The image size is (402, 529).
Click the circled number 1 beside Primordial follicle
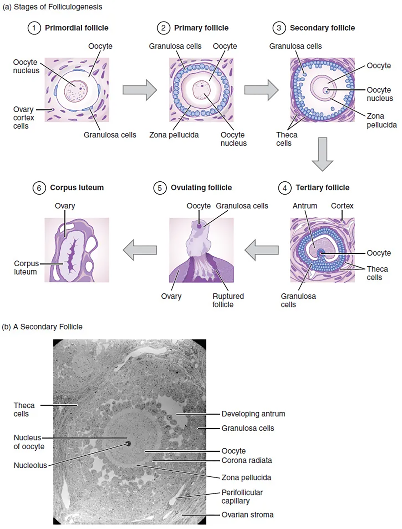click(x=34, y=28)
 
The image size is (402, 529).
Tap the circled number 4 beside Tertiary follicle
click(x=284, y=188)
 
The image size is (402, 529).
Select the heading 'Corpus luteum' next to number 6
click(x=77, y=188)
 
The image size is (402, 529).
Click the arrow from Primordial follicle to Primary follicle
click(x=140, y=90)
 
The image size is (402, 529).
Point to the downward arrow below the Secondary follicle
click(x=322, y=154)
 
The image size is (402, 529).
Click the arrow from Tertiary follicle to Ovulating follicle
click(x=261, y=250)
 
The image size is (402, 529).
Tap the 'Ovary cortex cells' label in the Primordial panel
click(x=23, y=118)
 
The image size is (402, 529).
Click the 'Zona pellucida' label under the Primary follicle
click(x=174, y=135)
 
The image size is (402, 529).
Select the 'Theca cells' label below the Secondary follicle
click(x=287, y=139)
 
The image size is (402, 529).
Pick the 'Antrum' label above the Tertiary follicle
click(x=305, y=206)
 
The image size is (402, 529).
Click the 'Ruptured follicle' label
click(x=228, y=300)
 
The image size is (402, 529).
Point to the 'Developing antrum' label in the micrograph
click(x=253, y=414)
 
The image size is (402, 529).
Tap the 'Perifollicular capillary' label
click(x=242, y=497)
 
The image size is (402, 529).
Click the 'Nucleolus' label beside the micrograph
click(x=30, y=465)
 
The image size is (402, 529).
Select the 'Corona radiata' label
click(x=246, y=461)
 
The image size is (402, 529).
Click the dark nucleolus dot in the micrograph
click(x=128, y=444)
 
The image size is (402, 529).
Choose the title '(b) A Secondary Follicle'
click(x=42, y=327)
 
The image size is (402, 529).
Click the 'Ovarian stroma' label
click(x=247, y=515)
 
